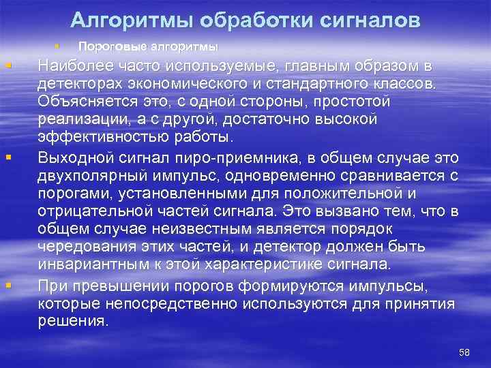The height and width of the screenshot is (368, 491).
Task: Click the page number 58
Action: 465,351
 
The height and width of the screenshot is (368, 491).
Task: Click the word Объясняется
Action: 81,101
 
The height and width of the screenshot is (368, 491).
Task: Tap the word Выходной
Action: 70,159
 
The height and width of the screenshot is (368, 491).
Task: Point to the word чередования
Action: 80,247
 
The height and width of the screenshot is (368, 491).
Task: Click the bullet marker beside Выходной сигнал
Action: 8,158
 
